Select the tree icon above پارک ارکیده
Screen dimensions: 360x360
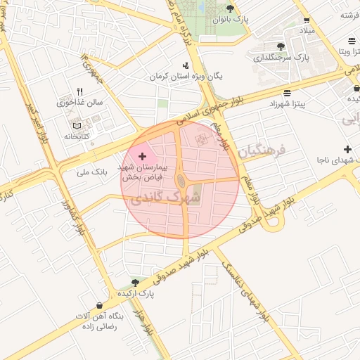[x=136, y=281]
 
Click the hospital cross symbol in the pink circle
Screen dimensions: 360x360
[x=143, y=155]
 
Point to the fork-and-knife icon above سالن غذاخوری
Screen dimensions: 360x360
[x=79, y=91]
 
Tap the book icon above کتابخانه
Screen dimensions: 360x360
[x=76, y=125]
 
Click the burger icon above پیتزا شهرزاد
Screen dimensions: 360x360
[x=287, y=93]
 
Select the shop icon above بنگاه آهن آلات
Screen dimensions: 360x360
[x=98, y=306]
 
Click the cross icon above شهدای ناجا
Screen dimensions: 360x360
[x=347, y=149]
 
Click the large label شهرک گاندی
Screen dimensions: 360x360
[x=166, y=198]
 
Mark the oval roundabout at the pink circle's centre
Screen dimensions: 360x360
[x=181, y=181]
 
